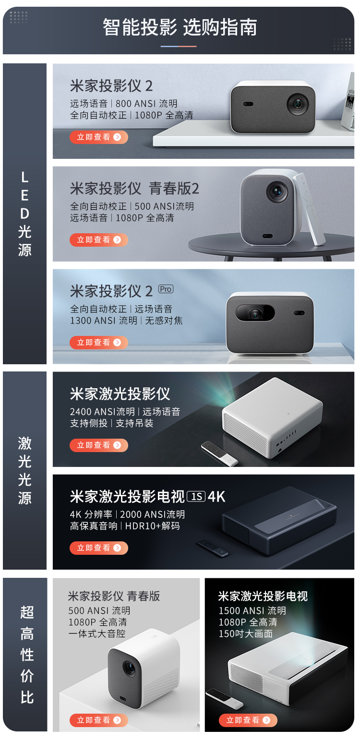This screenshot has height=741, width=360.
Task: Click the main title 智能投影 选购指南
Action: (180, 27)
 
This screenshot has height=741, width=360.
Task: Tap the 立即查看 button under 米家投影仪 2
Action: (98, 137)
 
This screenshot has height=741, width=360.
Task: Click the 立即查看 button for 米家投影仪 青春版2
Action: (98, 240)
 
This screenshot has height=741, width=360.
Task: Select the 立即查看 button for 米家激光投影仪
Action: (98, 445)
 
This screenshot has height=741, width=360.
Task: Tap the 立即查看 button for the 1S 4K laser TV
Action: (98, 548)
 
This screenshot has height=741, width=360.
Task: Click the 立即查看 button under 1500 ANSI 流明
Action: (248, 720)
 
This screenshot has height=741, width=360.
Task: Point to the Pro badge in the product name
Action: (166, 289)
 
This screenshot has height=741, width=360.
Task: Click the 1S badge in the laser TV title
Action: (196, 497)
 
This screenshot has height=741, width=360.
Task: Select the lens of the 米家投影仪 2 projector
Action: (298, 104)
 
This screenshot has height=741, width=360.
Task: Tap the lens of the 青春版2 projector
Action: (277, 191)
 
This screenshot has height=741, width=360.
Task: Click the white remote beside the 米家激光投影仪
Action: (219, 454)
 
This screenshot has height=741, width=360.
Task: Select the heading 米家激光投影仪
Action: (120, 394)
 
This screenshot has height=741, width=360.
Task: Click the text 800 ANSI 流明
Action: (146, 104)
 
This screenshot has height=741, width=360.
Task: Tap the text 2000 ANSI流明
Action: (153, 514)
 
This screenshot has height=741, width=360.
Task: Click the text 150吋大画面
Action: (245, 634)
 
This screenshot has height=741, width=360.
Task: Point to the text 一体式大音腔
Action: (97, 634)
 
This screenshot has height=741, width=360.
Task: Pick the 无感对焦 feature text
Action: (164, 321)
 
